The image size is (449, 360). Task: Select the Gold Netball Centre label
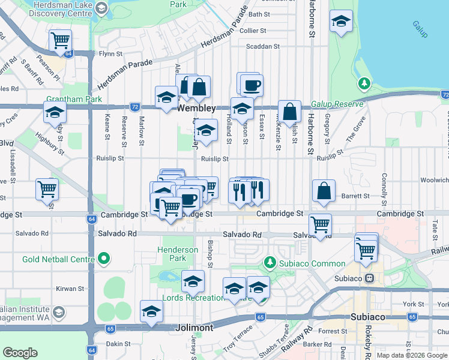click(x=59, y=259)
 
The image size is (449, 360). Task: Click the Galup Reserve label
click(x=337, y=104)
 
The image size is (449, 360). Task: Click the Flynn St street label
click(x=111, y=53)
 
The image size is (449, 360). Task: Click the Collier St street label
click(x=253, y=31)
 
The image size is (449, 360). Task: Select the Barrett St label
click(x=355, y=196)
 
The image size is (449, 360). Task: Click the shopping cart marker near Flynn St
click(x=60, y=40)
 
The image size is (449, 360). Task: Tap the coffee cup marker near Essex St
click(x=251, y=85)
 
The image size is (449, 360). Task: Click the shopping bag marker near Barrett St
click(x=324, y=191)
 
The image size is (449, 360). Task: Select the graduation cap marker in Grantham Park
click(x=55, y=112)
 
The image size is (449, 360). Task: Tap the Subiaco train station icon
click(x=370, y=278)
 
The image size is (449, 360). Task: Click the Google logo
click(x=20, y=353)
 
